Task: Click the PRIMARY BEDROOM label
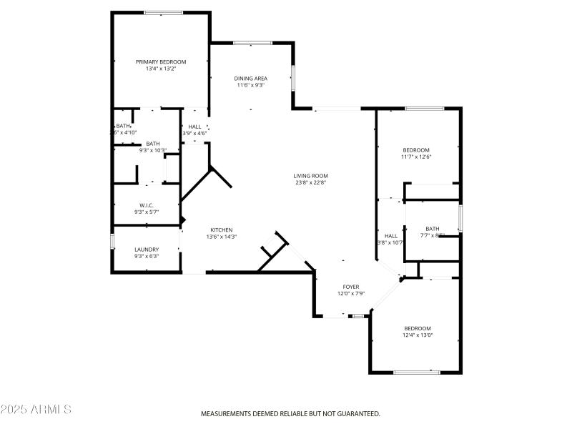(161, 61)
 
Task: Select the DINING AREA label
(250, 78)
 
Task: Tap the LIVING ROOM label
(310, 175)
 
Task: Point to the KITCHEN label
(221, 230)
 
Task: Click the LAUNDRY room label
(147, 250)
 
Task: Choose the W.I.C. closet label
(147, 205)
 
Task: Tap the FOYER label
(351, 287)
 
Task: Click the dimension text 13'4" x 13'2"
(161, 69)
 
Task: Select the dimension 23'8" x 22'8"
(310, 182)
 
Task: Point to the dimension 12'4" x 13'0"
(418, 335)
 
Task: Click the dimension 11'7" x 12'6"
(416, 157)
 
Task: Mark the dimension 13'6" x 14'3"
(221, 237)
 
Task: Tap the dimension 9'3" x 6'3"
(147, 257)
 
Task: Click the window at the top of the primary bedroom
(163, 12)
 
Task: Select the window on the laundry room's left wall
(112, 241)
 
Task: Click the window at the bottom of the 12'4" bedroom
(417, 372)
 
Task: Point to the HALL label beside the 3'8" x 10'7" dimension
(391, 235)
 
